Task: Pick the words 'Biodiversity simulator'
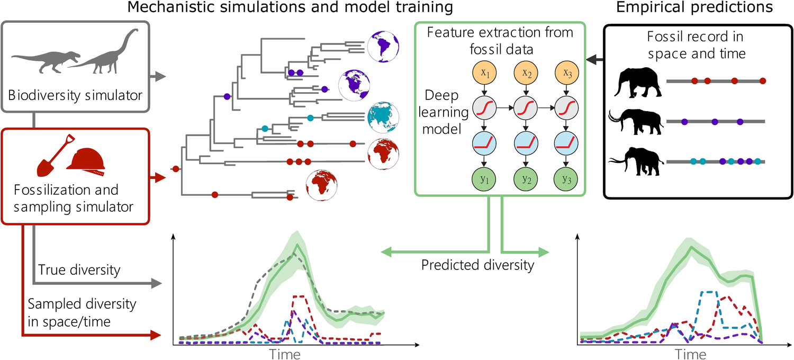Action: (x=75, y=95)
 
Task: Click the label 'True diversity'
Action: (x=79, y=269)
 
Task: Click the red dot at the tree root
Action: (x=176, y=169)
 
